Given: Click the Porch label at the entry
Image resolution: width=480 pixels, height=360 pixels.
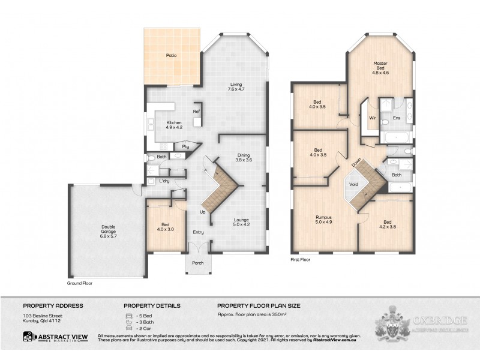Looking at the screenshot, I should pos(198,263).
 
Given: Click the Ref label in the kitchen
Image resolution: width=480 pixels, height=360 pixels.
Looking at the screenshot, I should pos(196,112).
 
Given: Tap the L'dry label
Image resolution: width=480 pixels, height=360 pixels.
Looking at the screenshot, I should pos(164,180).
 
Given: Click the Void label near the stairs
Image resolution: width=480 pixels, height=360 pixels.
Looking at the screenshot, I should pos(354,184).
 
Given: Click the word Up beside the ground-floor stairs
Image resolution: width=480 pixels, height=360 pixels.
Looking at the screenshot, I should pos(202,212).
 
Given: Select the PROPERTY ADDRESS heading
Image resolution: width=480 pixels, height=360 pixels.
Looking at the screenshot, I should pos(53,305).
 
